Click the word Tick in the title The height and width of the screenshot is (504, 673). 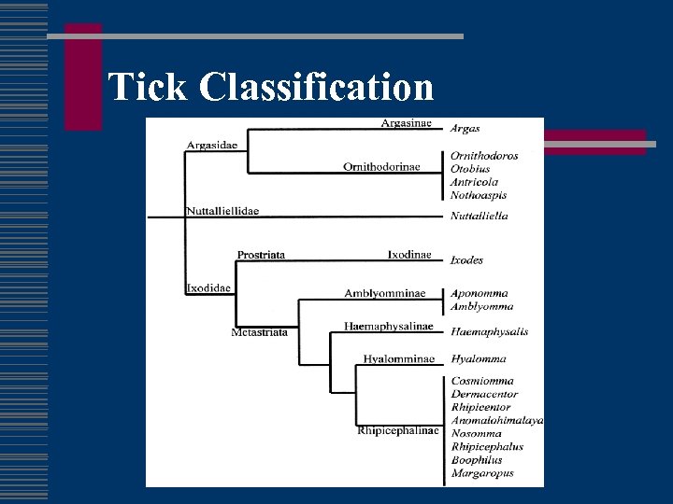tap(149, 88)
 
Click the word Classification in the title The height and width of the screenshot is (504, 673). tap(317, 88)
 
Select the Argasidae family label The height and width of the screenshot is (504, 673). tap(212, 145)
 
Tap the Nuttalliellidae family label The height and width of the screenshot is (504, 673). tap(222, 211)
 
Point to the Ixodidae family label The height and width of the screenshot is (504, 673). tap(208, 287)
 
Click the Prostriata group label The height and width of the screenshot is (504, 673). tap(261, 255)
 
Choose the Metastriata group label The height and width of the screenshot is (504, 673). tap(260, 331)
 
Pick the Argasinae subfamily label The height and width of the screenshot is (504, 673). tap(406, 123)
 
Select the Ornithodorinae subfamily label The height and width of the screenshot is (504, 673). tap(381, 167)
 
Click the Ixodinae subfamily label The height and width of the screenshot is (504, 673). tap(409, 255)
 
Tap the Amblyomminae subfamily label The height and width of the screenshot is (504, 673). tap(384, 293)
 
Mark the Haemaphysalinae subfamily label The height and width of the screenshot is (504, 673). tap(389, 327)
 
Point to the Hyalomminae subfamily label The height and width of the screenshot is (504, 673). tap(399, 358)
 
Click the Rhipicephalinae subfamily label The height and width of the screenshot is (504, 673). tap(396, 431)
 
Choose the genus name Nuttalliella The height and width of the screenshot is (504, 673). tap(480, 216)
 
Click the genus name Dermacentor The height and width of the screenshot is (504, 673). tap(484, 394)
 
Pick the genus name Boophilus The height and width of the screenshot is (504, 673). tap(477, 459)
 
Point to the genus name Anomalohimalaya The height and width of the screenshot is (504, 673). tap(497, 420)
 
